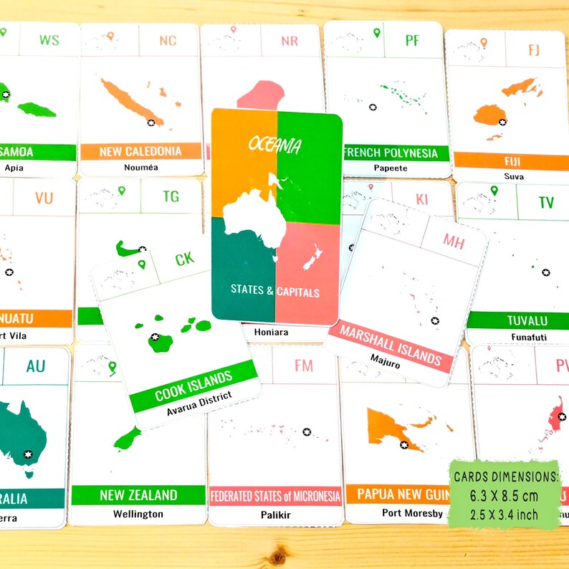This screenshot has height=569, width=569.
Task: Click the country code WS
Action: click(49, 39)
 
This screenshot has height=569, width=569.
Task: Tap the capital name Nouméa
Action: click(140, 168)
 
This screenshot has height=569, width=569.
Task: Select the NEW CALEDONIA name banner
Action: click(140, 151)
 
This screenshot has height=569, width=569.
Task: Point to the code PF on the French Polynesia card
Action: click(412, 41)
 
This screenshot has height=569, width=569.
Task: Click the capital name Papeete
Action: click(391, 168)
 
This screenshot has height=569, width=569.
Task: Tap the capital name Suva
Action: click(513, 176)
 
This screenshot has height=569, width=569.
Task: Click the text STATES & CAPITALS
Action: click(275, 292)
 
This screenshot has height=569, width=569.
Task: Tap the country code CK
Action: click(184, 259)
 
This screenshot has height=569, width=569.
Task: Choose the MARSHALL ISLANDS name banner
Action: click(391, 344)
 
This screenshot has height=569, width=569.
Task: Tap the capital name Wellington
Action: click(138, 513)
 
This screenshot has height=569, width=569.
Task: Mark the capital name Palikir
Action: click(275, 514)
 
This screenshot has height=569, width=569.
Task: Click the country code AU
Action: click(36, 367)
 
